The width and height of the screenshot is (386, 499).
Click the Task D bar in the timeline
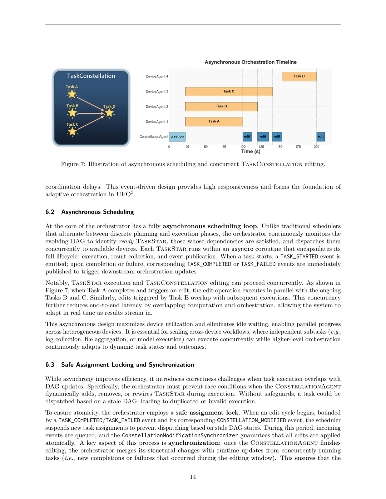(x=299, y=76)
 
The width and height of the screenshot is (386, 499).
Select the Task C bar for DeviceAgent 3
(x=229, y=91)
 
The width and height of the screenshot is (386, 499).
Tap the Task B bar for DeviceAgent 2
(x=221, y=106)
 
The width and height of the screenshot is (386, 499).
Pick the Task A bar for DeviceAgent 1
(x=214, y=121)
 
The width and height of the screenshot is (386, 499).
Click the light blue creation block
(x=177, y=136)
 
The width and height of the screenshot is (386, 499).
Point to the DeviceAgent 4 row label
(x=157, y=76)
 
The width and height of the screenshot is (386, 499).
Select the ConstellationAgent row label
(x=154, y=137)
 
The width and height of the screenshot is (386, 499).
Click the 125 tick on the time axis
(x=261, y=147)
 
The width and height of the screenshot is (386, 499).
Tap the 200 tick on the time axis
(x=316, y=147)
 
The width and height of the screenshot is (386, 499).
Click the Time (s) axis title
(x=251, y=152)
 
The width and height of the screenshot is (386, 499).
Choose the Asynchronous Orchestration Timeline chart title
(x=251, y=62)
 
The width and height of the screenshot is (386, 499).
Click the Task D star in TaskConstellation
(x=109, y=113)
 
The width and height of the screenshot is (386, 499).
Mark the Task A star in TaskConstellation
(x=72, y=94)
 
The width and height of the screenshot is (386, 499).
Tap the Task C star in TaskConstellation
(x=72, y=132)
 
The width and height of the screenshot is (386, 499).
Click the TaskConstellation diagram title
(x=91, y=76)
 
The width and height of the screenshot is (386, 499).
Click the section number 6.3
(x=50, y=365)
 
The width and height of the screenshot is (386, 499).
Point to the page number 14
(x=193, y=477)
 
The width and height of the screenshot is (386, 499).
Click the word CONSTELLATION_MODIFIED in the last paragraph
(x=251, y=420)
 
